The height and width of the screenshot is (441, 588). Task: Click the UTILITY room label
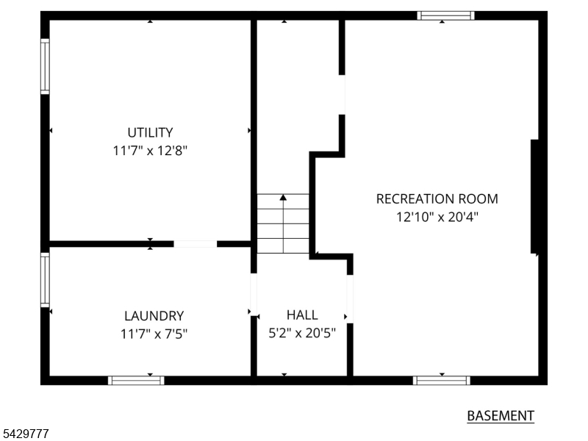coord(150,133)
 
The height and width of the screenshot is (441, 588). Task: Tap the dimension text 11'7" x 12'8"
coord(150,151)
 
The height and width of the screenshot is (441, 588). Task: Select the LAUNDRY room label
coord(154,316)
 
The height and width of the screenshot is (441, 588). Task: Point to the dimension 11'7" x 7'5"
coord(154,334)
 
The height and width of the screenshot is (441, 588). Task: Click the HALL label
coord(302,315)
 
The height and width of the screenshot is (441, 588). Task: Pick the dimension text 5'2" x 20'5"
coord(302,333)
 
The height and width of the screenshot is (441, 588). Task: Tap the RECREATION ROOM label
coord(437,198)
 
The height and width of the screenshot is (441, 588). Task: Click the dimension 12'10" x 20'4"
coord(437,217)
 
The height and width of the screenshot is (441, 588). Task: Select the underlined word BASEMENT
coord(501,416)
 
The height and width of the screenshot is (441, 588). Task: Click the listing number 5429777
coord(24,434)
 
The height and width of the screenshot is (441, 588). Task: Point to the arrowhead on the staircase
coord(283,197)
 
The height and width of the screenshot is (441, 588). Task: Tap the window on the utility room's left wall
coord(45,66)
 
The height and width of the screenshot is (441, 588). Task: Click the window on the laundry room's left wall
coord(45,280)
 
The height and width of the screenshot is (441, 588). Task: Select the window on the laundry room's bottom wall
coord(136,380)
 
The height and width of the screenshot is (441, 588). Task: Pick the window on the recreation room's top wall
coord(446,15)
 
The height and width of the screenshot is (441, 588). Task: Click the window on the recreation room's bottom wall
coord(442,380)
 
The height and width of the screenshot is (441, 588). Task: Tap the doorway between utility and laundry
coord(196,244)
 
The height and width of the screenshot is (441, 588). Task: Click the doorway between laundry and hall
coord(254,294)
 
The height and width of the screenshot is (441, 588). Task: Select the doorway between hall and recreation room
coord(350,299)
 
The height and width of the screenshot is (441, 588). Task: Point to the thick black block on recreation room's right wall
coord(535,196)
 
